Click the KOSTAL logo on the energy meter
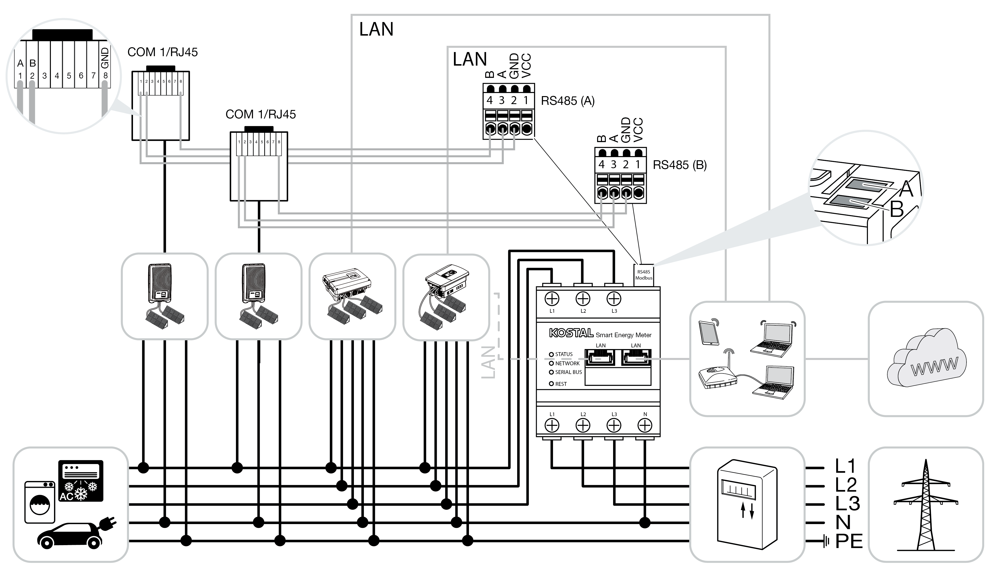coord(571,333)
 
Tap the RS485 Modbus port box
coord(644,275)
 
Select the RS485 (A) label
coord(568,101)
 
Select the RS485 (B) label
coord(680,165)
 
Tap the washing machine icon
coord(40,502)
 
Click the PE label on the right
coord(849,542)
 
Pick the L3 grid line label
coord(847,504)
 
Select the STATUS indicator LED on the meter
coord(551,355)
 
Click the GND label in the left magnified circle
coord(104,58)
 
